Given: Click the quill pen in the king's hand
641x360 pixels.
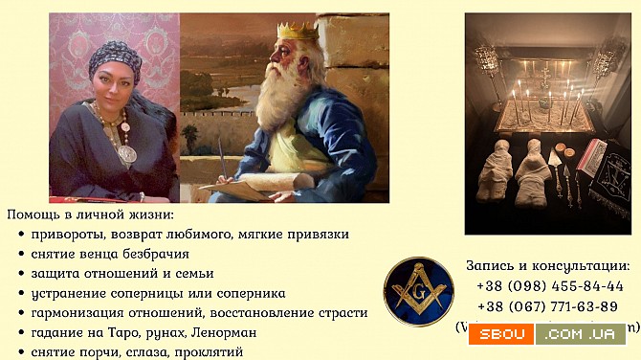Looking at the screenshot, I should tap(223, 157).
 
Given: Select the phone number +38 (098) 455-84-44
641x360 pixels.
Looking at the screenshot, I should tap(549, 285).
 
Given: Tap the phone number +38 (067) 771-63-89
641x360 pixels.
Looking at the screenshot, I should tap(549, 305).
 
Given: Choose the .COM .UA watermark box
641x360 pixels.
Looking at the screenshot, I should tap(580, 334).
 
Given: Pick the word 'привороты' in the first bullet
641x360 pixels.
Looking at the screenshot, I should tap(65, 234).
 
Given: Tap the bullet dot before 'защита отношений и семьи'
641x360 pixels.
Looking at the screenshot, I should tap(21, 274).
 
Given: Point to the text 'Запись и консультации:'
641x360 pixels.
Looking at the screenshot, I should tap(547, 265).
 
